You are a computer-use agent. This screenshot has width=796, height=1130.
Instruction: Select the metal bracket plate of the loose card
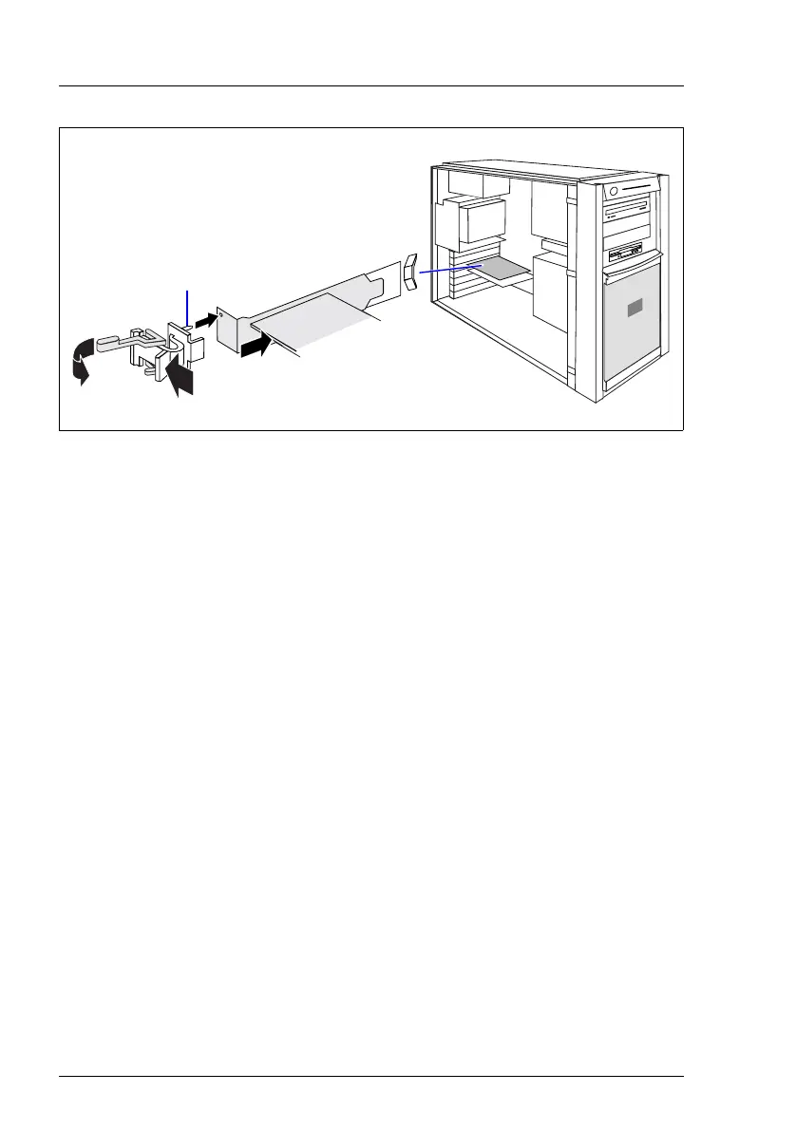[x=233, y=328]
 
